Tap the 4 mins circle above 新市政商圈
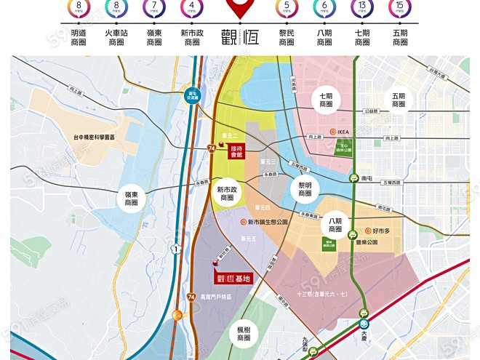(192, 9)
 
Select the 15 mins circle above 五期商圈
(400, 9)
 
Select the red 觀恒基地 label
(232, 278)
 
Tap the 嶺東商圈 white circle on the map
(132, 198)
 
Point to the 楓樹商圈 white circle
(243, 335)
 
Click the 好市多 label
(379, 231)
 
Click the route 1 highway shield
(175, 249)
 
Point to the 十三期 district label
(321, 294)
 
